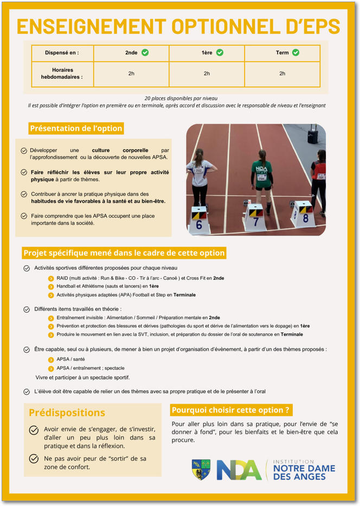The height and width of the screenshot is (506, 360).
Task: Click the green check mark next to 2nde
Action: tap(145, 53)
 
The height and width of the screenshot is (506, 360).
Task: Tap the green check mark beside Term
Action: tap(295, 53)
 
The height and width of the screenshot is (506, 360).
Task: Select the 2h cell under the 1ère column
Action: tap(207, 74)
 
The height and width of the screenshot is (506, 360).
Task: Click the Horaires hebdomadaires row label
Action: tap(62, 74)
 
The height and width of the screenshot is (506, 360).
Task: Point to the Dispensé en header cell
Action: tap(62, 53)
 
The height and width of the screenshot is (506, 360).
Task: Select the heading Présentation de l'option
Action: tap(76, 128)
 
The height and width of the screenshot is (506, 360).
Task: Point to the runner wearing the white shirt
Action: tap(199, 176)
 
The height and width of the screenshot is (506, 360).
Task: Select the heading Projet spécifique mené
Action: tap(124, 253)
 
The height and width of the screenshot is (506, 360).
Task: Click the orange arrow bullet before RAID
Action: tap(51, 278)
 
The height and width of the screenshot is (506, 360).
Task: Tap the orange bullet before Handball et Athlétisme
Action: tap(51, 286)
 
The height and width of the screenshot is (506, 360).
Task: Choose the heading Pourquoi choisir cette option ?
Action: tap(231, 410)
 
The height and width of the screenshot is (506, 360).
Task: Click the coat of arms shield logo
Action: tap(201, 469)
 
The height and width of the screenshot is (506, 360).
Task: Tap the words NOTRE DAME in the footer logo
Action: tap(304, 468)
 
